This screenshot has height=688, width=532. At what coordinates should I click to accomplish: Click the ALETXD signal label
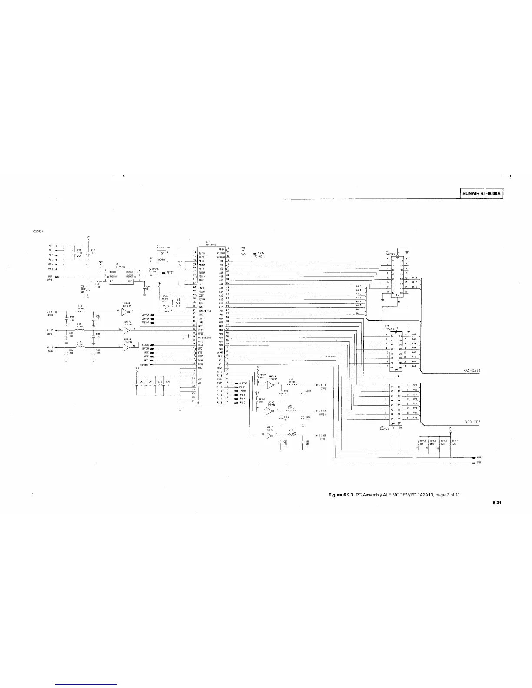[243, 383]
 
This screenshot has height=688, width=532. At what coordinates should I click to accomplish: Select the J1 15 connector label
[322, 385]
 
